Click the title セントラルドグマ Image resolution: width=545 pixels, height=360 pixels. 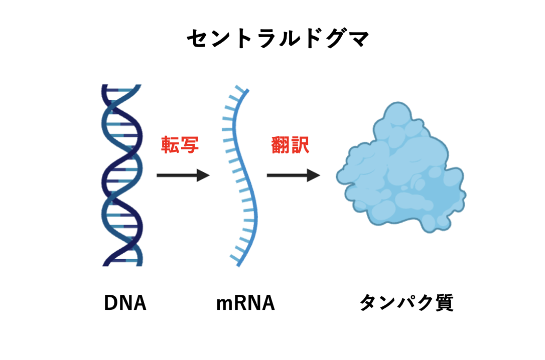(x=278, y=38)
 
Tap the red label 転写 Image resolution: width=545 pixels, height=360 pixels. (x=180, y=145)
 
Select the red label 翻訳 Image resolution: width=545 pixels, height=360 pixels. (x=290, y=145)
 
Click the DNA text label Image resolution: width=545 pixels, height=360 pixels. (x=125, y=302)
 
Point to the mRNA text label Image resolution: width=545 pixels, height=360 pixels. (x=245, y=302)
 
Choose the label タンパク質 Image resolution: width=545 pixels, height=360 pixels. (x=406, y=302)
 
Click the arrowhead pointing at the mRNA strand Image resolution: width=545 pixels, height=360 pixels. (x=203, y=175)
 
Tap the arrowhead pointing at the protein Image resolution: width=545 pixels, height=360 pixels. (x=314, y=175)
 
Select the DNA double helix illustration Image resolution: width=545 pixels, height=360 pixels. (x=122, y=175)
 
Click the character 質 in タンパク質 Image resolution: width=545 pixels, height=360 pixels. (x=444, y=302)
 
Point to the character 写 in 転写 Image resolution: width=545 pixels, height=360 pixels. (x=190, y=145)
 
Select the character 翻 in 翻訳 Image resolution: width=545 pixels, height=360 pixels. (x=280, y=145)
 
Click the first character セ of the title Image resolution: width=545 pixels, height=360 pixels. (x=197, y=38)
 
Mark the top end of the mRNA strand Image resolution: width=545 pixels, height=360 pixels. (x=248, y=90)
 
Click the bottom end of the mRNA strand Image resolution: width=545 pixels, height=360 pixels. (x=238, y=266)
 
